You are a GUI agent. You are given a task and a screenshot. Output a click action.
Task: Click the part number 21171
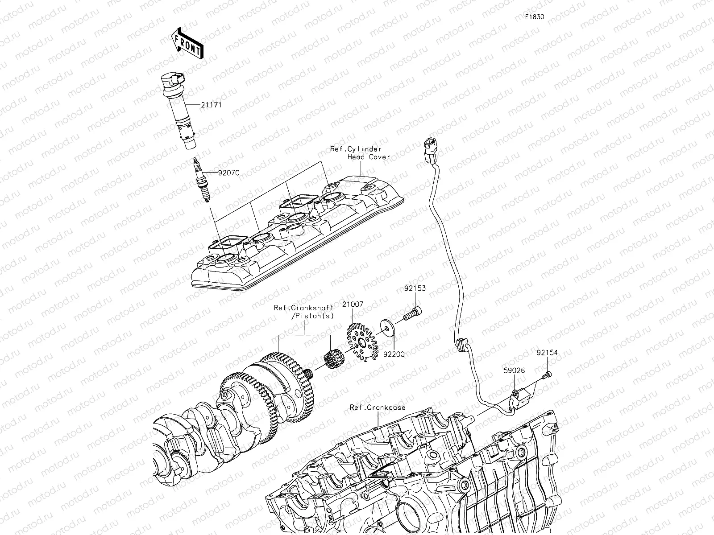point(212,105)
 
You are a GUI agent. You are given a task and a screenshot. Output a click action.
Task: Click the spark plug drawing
point(200,180)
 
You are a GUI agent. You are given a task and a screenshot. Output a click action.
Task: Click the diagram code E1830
point(534,17)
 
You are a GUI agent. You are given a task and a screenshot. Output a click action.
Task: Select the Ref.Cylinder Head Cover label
point(360,153)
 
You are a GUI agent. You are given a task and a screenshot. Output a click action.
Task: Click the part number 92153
point(415,288)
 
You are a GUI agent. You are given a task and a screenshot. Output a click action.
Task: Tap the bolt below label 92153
point(413,313)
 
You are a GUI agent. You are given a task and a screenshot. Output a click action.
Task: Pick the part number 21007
point(353,305)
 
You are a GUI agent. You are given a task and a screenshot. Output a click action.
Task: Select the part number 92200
point(394,354)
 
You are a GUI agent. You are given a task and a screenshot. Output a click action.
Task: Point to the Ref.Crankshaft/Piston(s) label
point(304,312)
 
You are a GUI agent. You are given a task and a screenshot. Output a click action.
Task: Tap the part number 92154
point(547,353)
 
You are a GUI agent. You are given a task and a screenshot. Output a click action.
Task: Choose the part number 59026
point(514,370)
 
